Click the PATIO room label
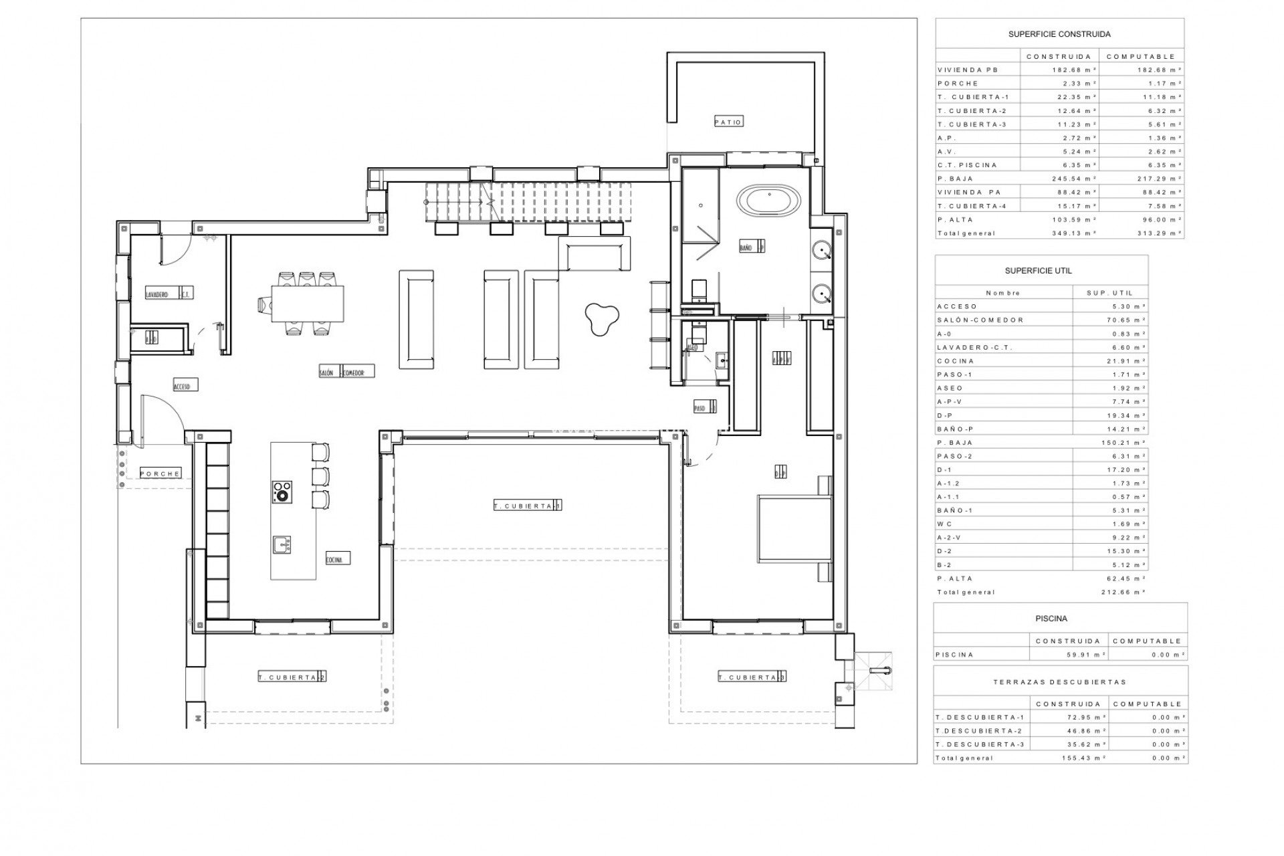tap(728, 122)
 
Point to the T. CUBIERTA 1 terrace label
tap(527, 506)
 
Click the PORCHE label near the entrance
tap(160, 473)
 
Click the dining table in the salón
tap(308, 304)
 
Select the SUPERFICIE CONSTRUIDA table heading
tap(1059, 34)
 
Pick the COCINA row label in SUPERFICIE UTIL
tap(956, 361)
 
